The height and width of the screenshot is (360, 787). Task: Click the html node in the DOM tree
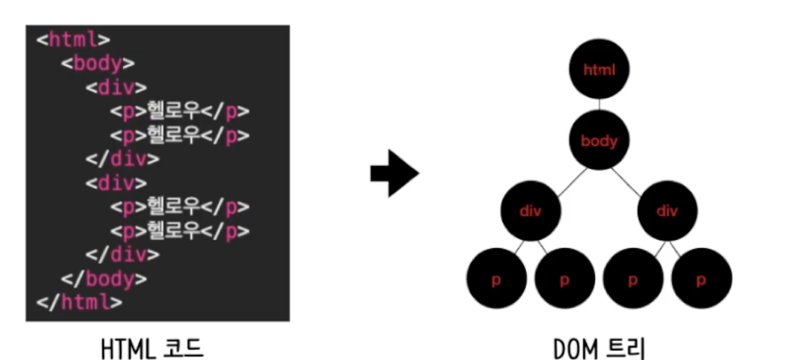coord(599,70)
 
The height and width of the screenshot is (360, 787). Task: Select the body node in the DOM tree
coord(599,140)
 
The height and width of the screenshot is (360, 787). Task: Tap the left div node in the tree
coord(530,210)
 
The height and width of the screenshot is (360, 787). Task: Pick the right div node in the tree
coord(667,210)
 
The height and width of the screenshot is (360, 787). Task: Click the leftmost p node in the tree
coord(496,280)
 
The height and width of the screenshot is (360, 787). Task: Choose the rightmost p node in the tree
coord(701,280)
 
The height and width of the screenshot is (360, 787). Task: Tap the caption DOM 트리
coord(599,346)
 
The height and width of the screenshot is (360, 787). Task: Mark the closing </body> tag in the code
coord(104,279)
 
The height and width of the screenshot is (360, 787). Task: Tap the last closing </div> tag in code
coord(122,254)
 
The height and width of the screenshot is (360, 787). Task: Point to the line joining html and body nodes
coord(599,104)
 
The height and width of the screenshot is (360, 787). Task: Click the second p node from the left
coord(564,280)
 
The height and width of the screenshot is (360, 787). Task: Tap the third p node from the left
coord(632,280)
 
